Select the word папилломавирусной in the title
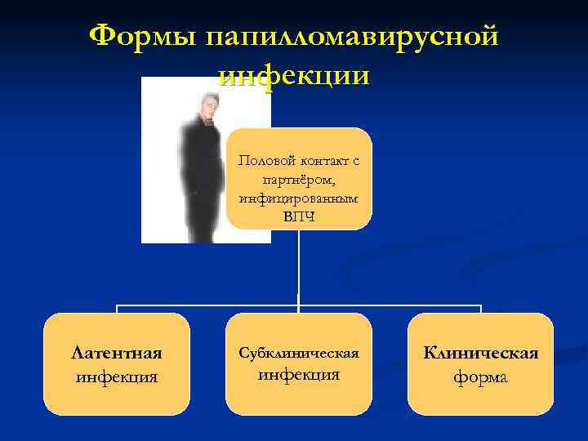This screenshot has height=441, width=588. pos(352,38)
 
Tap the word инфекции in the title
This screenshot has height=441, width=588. pos(294,75)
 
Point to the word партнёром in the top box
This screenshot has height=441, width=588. pos(298,180)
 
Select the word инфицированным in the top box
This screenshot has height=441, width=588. pos(298,198)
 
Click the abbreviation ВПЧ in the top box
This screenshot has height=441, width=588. pos(298,216)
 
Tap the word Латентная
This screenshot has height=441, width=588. pos(117,353)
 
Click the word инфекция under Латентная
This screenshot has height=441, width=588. pos(117,377)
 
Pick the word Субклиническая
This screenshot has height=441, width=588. pos(299,353)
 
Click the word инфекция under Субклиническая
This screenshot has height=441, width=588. pos(299,376)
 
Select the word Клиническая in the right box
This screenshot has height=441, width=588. pos(480,353)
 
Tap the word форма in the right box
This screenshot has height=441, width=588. pos(480,377)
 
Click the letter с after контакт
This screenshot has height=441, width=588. pos(355,162)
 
